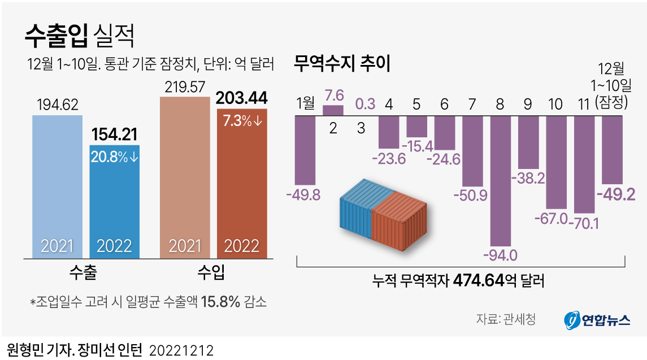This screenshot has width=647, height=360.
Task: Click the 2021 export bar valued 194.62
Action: [x=58, y=186]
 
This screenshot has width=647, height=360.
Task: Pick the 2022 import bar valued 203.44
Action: [x=242, y=186]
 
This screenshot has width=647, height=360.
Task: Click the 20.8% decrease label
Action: [x=114, y=157]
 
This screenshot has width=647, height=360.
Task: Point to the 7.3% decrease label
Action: [x=242, y=121]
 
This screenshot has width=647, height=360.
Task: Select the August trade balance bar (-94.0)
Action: [x=500, y=181]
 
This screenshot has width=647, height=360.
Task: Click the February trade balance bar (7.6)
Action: [x=333, y=110]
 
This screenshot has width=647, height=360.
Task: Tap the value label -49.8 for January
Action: [x=303, y=196]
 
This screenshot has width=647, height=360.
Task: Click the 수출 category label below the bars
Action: [x=82, y=274]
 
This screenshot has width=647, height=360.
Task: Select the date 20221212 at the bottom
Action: [x=181, y=350]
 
